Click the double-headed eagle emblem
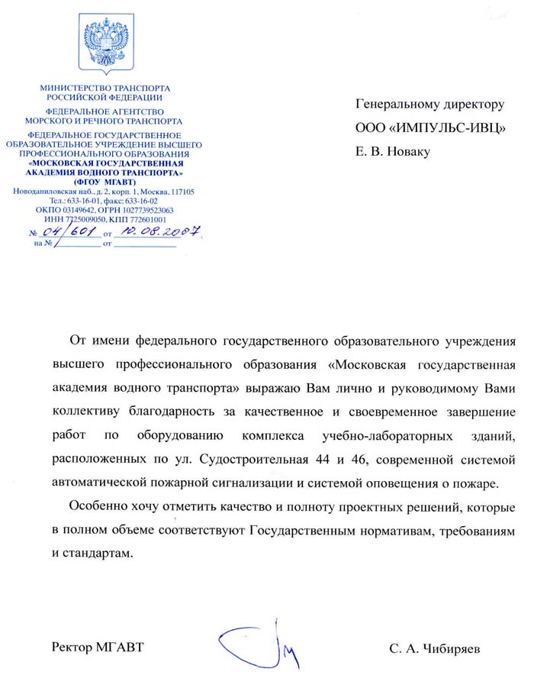click(106, 46)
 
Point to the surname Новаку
click(408, 151)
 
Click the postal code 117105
click(180, 192)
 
